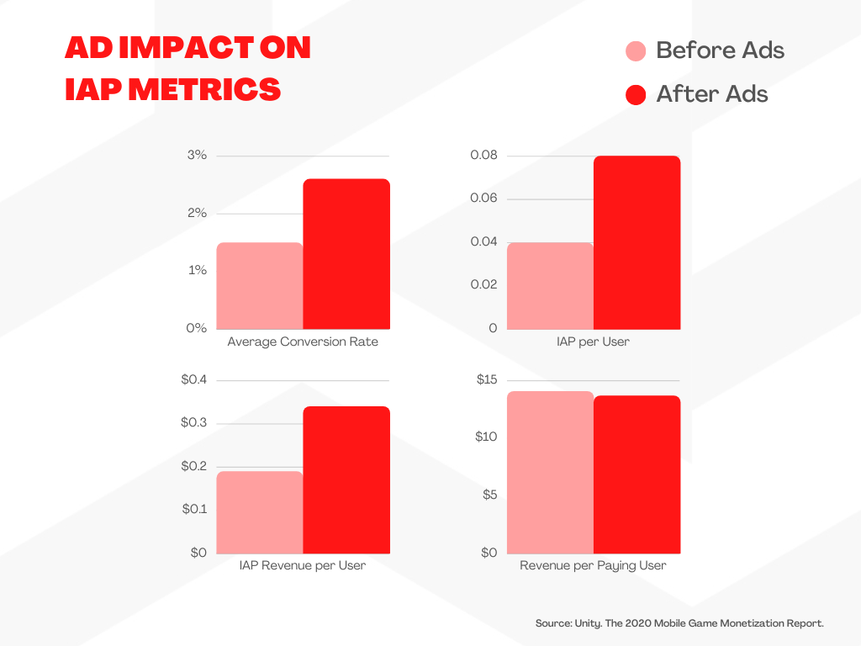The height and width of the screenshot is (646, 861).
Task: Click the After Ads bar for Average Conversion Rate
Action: (x=346, y=254)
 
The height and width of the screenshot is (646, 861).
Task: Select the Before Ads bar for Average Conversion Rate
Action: (x=260, y=286)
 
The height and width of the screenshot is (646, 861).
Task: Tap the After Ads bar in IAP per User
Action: (x=637, y=242)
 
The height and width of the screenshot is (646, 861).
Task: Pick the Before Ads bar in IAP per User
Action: (x=550, y=286)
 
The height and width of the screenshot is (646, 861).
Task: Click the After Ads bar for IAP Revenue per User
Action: (x=346, y=479)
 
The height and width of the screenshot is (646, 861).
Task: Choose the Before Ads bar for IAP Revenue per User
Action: (x=260, y=512)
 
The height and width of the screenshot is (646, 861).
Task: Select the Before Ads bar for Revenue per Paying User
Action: (x=550, y=472)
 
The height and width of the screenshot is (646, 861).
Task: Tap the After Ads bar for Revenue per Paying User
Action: (x=637, y=474)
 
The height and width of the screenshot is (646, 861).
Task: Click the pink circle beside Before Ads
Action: (x=637, y=51)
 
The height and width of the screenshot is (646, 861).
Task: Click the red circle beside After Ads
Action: (x=637, y=94)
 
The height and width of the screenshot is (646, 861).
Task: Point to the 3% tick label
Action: (x=197, y=156)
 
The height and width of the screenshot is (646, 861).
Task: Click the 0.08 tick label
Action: (x=483, y=156)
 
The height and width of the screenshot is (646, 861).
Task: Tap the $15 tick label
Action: (x=487, y=380)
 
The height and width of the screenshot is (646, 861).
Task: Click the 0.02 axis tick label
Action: (x=483, y=284)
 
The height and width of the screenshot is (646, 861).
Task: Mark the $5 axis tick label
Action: (x=489, y=495)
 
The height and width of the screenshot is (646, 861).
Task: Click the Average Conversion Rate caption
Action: (x=303, y=342)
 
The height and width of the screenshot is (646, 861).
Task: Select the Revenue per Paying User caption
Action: (x=593, y=566)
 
